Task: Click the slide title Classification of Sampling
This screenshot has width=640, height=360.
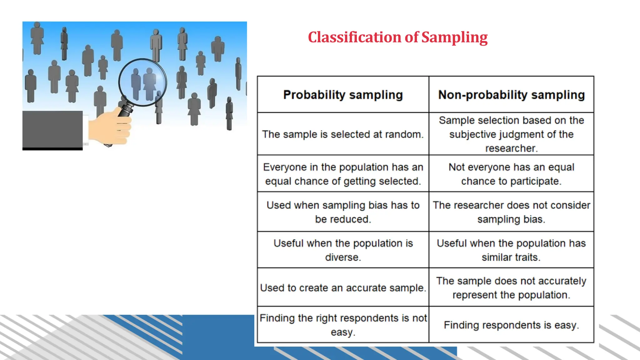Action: (x=397, y=37)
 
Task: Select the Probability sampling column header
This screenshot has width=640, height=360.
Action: (x=343, y=95)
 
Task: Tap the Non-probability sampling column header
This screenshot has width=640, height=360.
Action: (x=511, y=95)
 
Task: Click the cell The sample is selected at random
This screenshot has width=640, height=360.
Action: (x=343, y=134)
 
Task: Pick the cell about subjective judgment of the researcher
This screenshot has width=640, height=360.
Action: (x=511, y=134)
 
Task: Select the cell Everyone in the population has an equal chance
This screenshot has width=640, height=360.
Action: (x=343, y=174)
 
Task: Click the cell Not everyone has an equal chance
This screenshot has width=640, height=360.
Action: (x=511, y=174)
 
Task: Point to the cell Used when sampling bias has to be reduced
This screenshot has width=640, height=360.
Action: (x=343, y=212)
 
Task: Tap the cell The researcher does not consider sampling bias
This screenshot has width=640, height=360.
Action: (x=511, y=212)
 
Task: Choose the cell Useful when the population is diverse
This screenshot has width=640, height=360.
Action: (x=343, y=250)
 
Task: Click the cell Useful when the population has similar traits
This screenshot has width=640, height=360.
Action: (x=511, y=250)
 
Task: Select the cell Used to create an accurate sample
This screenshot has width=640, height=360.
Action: (x=343, y=288)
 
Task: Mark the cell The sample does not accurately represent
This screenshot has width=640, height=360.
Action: (x=511, y=288)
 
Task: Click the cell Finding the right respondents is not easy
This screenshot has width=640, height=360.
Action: (x=343, y=325)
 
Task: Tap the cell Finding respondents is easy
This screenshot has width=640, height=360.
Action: (x=511, y=325)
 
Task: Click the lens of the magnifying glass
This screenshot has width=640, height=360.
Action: (x=142, y=82)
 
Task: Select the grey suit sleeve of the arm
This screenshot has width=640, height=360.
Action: (x=52, y=129)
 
